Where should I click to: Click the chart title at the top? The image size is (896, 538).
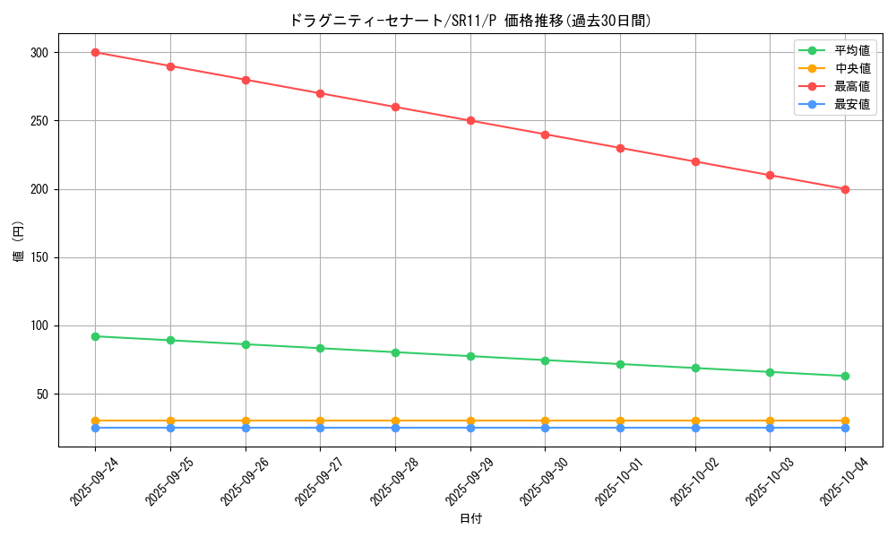pos(470,20)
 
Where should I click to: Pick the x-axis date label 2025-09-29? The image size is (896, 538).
pos(463,481)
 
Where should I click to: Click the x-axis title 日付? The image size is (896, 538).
pos(470,519)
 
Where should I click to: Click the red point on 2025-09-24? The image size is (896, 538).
pos(95,52)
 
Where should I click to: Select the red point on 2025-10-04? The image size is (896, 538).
pos(845,189)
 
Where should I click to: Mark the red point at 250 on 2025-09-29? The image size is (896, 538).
pos(470,121)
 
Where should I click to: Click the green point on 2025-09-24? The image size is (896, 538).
pos(95,336)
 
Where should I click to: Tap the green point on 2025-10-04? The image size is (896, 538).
pos(845,376)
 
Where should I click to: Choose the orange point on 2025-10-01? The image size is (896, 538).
pos(620,421)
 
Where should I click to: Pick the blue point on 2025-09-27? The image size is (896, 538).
pos(320,428)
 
